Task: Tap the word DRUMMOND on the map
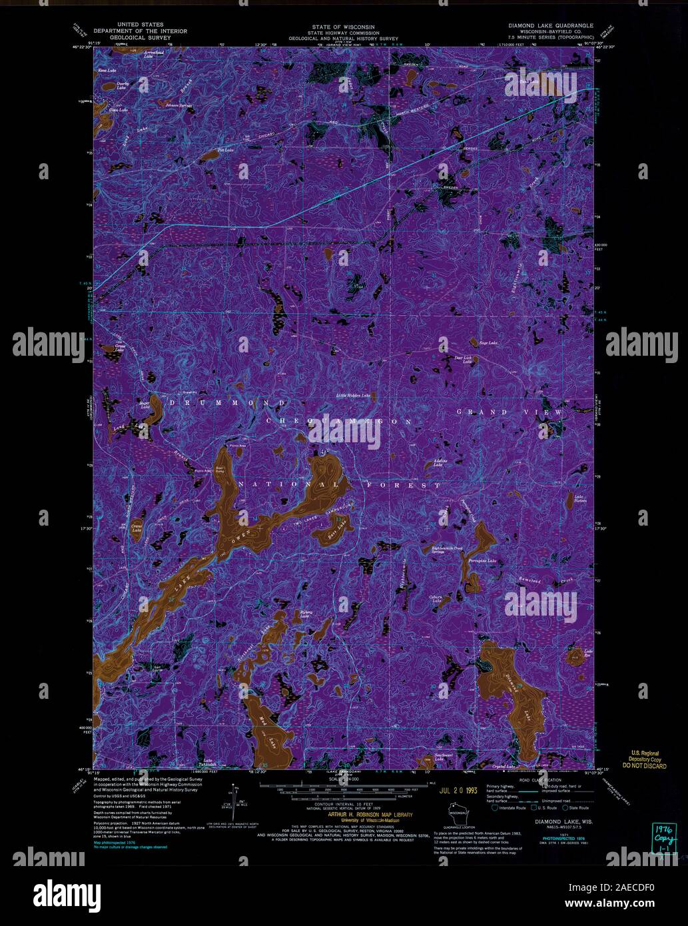pyautogui.click(x=228, y=403)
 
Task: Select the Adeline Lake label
pyautogui.click(x=438, y=462)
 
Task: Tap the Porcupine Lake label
pyautogui.click(x=482, y=561)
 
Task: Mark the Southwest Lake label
pyautogui.click(x=444, y=756)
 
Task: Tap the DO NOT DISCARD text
pyautogui.click(x=644, y=767)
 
